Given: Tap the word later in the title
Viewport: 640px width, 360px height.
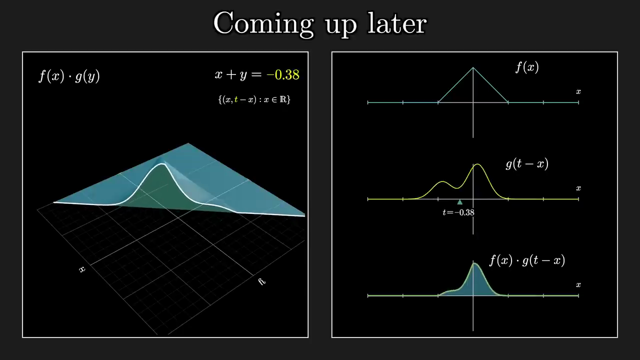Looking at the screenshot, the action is [397, 23].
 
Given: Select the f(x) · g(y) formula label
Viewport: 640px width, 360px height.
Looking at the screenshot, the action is [69, 76].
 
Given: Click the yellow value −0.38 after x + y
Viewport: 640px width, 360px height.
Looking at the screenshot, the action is [283, 74].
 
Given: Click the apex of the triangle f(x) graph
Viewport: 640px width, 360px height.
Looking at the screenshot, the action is [473, 67].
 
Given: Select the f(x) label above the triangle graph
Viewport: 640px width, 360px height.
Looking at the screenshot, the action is [527, 67].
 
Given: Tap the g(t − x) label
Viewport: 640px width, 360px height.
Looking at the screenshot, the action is [527, 164].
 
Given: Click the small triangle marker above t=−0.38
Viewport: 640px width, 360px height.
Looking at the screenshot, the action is [459, 202].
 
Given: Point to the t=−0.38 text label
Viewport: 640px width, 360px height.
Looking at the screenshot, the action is [458, 212].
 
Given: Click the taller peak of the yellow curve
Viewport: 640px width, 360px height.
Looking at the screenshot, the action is [477, 164].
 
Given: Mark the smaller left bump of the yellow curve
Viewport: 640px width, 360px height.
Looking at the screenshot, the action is [442, 181].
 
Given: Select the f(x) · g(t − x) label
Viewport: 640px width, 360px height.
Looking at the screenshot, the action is [527, 260].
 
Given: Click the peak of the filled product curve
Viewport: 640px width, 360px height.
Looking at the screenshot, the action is [474, 263].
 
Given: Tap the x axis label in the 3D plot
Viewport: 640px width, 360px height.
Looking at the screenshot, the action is [82, 269].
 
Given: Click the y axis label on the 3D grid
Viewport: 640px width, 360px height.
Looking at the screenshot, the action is [262, 281].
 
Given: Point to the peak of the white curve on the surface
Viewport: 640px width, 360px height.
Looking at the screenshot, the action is [163, 164].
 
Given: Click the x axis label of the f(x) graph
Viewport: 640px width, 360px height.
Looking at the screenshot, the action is [578, 91].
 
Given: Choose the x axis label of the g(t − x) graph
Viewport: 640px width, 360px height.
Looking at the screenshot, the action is [578, 188].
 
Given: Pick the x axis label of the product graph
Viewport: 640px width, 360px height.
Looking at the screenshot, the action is [578, 285].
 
